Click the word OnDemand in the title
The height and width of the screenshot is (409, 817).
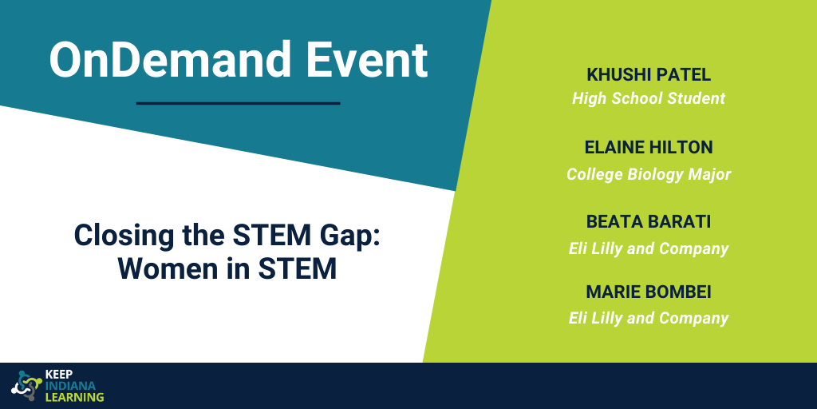click(170, 59)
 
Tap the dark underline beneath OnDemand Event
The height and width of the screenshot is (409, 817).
click(238, 103)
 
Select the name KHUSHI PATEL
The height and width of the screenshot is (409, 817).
click(649, 74)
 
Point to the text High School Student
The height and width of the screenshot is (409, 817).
click(649, 98)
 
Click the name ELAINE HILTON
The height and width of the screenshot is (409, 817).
click(649, 148)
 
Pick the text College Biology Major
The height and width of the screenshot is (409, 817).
click(649, 174)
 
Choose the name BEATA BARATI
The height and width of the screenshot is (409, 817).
click(649, 221)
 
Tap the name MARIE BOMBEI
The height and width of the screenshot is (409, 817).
click(649, 292)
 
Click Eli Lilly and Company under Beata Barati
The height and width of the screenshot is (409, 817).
click(649, 248)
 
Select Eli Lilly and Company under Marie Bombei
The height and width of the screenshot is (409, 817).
click(649, 318)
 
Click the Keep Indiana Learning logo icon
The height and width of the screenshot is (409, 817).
click(26, 386)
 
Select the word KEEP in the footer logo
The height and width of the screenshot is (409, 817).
click(59, 375)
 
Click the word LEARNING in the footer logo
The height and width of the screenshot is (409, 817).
click(75, 397)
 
